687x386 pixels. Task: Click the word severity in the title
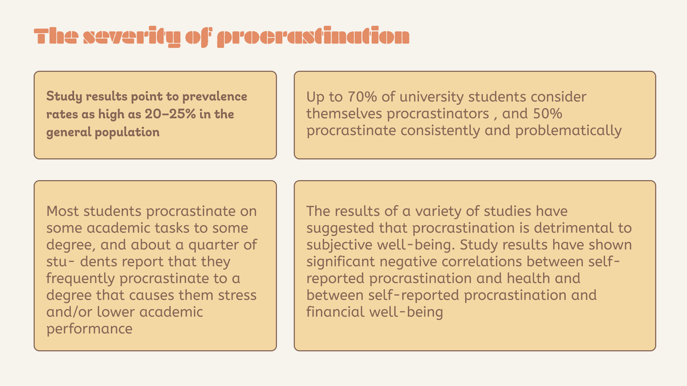point(132,36)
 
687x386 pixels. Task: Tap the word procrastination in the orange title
point(313,36)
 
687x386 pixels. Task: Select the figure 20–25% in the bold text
point(170,114)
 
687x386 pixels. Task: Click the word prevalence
point(215,96)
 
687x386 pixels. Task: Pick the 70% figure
point(362,97)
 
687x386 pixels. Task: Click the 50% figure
point(547,114)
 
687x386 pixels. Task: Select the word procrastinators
point(438,114)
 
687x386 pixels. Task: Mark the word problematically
point(568,131)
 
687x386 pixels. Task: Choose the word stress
point(237,296)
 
